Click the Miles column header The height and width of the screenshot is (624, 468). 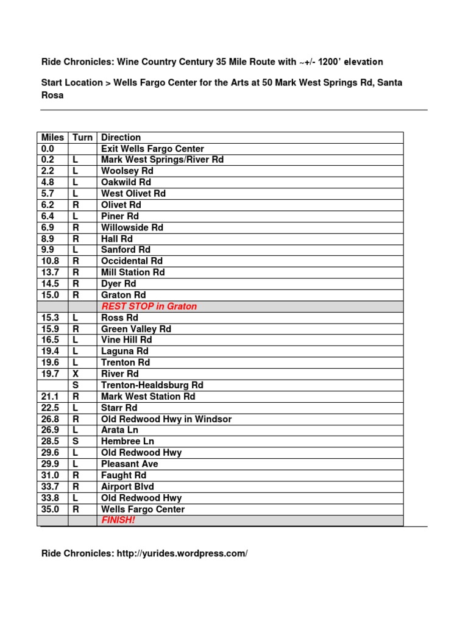click(x=53, y=138)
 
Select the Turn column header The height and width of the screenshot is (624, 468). click(x=82, y=138)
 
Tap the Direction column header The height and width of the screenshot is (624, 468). click(x=121, y=138)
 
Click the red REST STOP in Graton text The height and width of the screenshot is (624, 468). click(x=149, y=307)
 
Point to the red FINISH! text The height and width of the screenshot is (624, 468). click(x=118, y=520)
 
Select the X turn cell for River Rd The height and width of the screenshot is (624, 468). click(x=76, y=374)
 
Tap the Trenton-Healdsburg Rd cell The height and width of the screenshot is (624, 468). click(x=152, y=385)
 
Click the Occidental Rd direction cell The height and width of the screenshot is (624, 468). click(x=132, y=261)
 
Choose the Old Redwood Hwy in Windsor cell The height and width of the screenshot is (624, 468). click(x=166, y=419)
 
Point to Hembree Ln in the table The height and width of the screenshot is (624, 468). click(x=128, y=442)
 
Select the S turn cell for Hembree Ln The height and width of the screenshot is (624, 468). click(x=76, y=442)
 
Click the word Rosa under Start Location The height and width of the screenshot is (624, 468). click(x=52, y=96)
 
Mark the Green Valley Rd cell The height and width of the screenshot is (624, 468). click(x=136, y=329)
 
